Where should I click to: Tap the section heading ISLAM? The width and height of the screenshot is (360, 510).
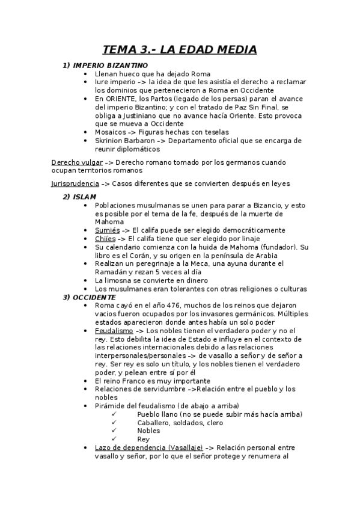(84, 197)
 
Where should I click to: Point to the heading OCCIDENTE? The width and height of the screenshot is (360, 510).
(93, 297)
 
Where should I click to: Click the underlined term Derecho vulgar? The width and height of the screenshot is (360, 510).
(76, 162)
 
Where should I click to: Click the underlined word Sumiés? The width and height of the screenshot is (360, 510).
(108, 230)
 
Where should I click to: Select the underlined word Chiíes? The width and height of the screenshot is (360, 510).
(106, 239)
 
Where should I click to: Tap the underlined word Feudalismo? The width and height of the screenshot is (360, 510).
(114, 331)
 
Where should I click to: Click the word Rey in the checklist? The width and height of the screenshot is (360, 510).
(143, 439)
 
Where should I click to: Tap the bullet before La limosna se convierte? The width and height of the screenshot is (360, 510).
(88, 280)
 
